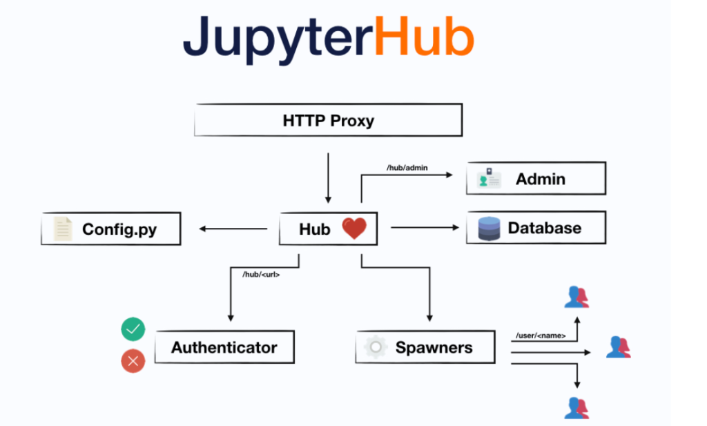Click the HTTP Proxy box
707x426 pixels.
click(328, 121)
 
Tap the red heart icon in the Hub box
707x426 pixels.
click(354, 229)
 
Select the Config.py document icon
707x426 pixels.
click(63, 229)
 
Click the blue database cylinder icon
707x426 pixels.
click(489, 229)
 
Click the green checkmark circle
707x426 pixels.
click(133, 329)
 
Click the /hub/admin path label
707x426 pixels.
click(407, 168)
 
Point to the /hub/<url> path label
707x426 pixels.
click(261, 274)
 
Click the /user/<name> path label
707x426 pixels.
click(541, 336)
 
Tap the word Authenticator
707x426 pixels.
click(224, 347)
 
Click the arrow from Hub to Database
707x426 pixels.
click(425, 228)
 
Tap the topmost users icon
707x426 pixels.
click(577, 297)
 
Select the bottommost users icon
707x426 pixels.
click(577, 407)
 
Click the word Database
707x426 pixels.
click(544, 229)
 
